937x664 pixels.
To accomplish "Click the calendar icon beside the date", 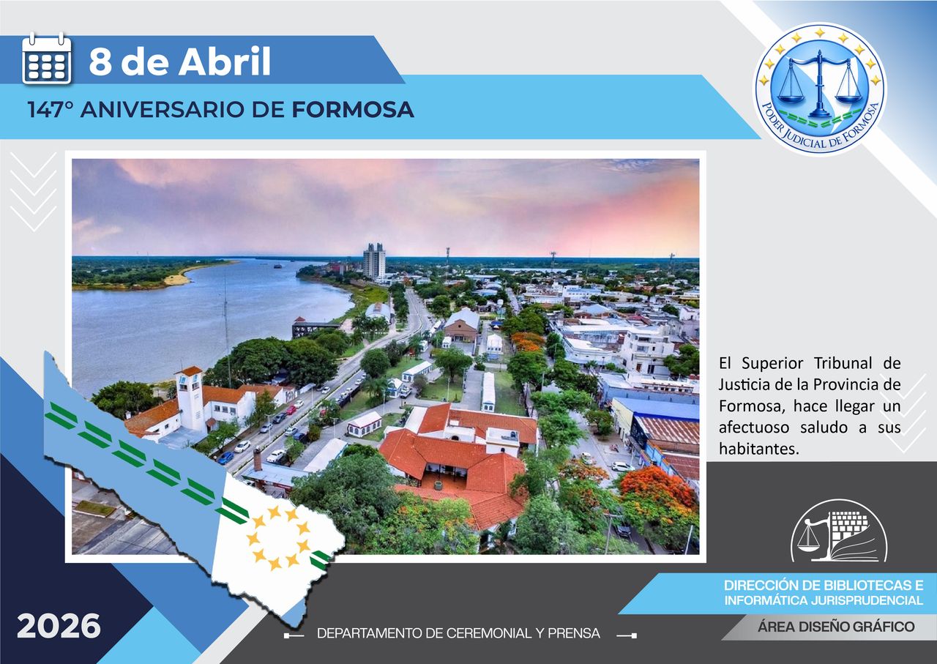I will pos(47,59).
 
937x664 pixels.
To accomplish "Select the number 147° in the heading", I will pos(51,110).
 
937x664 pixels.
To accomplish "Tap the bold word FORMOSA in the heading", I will pos(353,110).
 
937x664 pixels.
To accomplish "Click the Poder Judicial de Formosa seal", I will pos(819,88).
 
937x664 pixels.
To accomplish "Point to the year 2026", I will pos(59,627).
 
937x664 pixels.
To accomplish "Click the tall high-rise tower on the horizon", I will pos(374,261).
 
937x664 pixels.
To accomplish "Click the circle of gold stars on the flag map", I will pos(279,538).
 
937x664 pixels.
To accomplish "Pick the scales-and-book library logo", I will pos(839,531).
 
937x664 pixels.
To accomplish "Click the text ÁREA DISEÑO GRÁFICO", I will pos(835,627).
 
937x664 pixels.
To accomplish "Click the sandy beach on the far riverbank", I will pos(179,278).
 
